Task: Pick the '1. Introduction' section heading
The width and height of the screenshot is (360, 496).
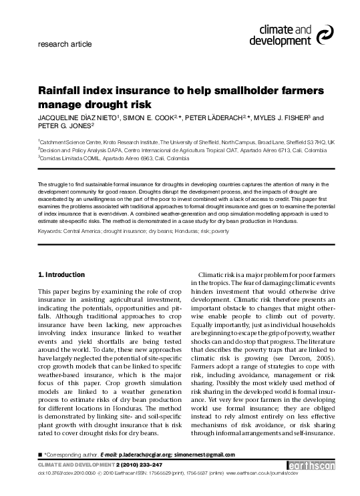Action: tap(60, 274)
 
